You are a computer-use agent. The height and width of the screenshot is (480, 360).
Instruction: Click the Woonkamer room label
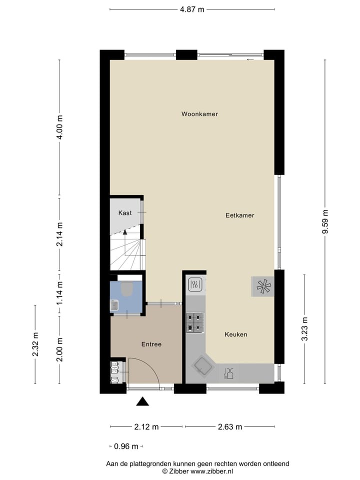point(199,114)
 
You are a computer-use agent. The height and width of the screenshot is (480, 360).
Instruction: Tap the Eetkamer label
point(239,215)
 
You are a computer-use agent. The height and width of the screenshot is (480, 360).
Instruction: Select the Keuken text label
point(236,334)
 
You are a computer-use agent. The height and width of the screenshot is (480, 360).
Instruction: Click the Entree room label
point(151,344)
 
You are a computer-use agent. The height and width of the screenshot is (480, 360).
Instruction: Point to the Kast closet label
point(125,213)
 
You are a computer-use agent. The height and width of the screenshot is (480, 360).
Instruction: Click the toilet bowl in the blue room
point(127,289)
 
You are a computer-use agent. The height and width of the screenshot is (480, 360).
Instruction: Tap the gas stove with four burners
point(194,322)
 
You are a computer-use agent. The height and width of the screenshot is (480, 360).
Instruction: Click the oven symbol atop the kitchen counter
point(194,285)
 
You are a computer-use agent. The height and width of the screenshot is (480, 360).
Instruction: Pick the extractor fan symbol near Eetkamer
point(263,286)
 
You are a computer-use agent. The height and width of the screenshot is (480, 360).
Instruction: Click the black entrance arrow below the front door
point(143,401)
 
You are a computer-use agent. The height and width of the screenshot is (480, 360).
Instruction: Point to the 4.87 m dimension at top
point(191,9)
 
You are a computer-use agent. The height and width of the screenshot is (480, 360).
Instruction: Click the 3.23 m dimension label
point(304,328)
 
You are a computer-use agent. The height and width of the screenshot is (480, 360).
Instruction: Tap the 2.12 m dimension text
point(146,427)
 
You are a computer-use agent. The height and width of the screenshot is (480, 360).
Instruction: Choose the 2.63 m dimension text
point(229,427)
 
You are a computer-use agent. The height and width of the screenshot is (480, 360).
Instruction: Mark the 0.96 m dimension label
point(125,446)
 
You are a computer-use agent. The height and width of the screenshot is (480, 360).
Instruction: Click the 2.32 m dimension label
point(35,344)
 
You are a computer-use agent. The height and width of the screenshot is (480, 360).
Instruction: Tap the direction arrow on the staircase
point(125,231)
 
